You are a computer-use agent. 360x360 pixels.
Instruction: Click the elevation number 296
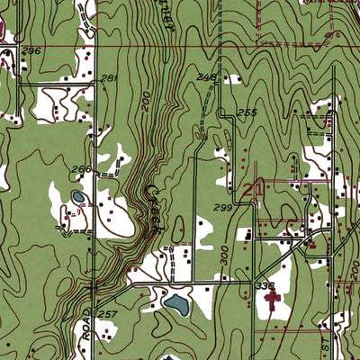click(32, 52)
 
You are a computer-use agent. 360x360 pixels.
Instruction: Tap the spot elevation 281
click(109, 79)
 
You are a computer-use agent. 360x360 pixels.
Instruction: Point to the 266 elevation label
click(82, 169)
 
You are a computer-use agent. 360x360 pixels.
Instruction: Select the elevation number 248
click(206, 78)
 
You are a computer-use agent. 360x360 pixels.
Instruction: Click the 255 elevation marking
click(247, 112)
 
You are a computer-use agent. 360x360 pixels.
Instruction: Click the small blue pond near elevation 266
click(77, 195)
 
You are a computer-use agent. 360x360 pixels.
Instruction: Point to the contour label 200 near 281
click(147, 106)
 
